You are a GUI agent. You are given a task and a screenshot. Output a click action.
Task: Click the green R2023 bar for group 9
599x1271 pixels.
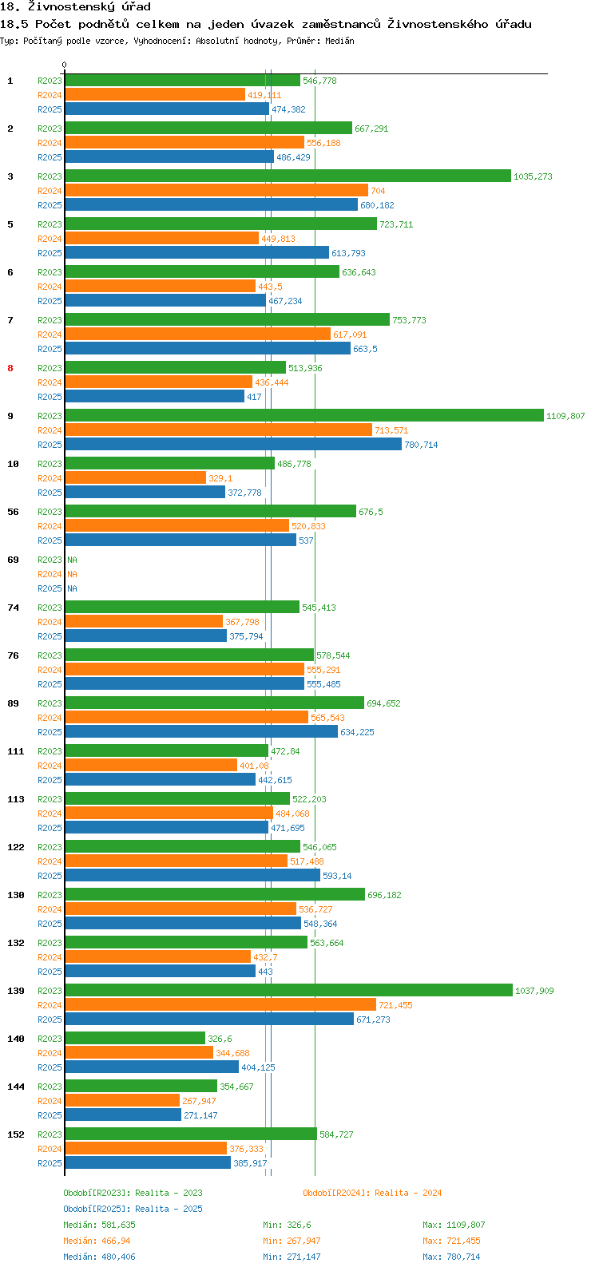tap(303, 416)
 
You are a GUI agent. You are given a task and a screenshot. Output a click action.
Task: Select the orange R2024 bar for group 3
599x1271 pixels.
tap(216, 191)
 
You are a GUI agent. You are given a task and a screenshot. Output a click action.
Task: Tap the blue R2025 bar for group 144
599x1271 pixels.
tap(123, 1115)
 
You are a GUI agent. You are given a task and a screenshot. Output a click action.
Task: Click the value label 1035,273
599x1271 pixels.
tap(533, 176)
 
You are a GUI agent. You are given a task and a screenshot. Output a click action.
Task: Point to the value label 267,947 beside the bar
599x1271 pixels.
tap(199, 1101)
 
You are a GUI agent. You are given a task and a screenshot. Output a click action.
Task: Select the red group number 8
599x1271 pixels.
tap(10, 368)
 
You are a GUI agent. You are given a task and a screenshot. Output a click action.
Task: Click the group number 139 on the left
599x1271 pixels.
tap(16, 991)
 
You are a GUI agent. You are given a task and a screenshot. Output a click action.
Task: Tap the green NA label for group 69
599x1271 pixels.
tap(72, 560)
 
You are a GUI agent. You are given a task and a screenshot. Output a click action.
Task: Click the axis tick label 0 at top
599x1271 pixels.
tap(64, 65)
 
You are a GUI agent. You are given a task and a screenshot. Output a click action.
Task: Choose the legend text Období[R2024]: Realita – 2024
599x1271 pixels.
tap(372, 1193)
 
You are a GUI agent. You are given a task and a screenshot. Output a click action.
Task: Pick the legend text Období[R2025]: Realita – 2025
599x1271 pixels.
tap(133, 1209)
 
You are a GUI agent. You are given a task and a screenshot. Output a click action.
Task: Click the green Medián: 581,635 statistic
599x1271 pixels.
tap(99, 1225)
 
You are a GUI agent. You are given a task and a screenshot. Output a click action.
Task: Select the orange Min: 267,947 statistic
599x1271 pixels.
tap(292, 1241)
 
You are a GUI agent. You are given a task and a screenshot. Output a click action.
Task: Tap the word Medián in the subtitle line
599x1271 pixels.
tap(339, 41)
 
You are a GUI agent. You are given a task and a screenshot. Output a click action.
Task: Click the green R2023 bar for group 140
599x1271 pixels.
tap(134, 1039)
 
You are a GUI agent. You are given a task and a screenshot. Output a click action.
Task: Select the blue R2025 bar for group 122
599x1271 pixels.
tap(192, 876)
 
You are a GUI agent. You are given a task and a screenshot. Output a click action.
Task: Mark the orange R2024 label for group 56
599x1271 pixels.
tap(50, 526)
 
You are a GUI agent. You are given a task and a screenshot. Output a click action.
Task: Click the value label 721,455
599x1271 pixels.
tap(395, 1005)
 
